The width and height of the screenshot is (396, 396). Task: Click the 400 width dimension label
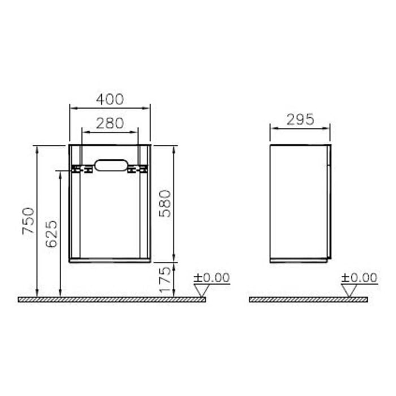click(110, 99)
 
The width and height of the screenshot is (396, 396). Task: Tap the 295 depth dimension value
click(300, 119)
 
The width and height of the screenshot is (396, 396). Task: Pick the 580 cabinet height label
click(165, 204)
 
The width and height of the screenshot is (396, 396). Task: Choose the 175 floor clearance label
click(165, 280)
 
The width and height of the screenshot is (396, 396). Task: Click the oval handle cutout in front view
click(110, 165)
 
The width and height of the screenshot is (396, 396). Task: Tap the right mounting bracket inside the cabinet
click(136, 169)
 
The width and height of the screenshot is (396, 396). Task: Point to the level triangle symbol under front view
click(201, 290)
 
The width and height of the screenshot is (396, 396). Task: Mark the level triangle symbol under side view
click(349, 290)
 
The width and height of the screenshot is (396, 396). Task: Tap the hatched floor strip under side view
click(308, 299)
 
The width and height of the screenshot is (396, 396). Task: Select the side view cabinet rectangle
click(300, 204)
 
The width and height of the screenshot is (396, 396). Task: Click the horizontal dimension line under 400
click(110, 107)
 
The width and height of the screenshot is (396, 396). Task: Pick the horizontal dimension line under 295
click(300, 127)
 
